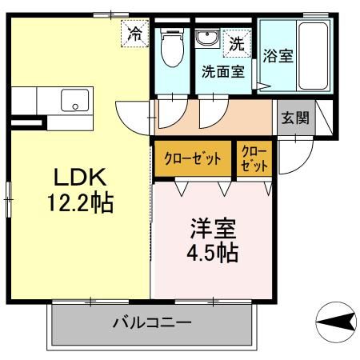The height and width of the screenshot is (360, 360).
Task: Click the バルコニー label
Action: pyautogui.click(x=152, y=324)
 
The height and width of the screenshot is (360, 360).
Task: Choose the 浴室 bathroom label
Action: pyautogui.click(x=278, y=56)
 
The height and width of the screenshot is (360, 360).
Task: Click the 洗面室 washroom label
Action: pyautogui.click(x=223, y=69)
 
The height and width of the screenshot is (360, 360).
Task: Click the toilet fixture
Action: pyautogui.click(x=171, y=50)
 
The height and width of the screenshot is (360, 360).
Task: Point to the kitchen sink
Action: pyautogui.click(x=76, y=102)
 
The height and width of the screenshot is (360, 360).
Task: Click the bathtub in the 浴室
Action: pyautogui.click(x=313, y=58)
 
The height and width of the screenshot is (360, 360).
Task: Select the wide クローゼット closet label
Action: pyautogui.click(x=192, y=158)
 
